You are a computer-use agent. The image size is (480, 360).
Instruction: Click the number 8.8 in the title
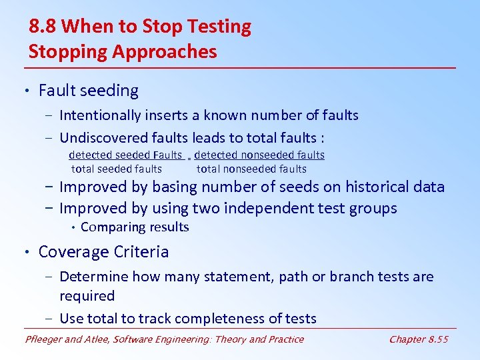coord(42,27)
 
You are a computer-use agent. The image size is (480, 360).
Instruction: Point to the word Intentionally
coord(100,115)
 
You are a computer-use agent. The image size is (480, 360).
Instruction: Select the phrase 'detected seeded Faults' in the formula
coord(125,155)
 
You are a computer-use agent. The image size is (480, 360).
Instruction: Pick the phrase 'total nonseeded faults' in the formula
coord(251,169)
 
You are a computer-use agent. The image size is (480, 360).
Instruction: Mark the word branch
coord(346,277)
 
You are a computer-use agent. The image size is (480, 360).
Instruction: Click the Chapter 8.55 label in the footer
coord(418,339)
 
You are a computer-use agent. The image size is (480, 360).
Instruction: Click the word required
coord(87,296)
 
